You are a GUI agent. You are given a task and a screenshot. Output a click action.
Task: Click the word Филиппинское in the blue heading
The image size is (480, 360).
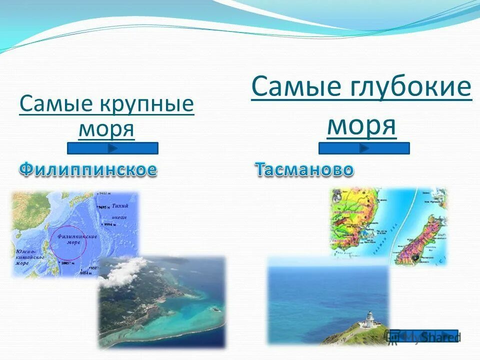tap(88, 169)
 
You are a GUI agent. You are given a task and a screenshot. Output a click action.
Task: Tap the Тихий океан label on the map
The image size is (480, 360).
tap(119, 211)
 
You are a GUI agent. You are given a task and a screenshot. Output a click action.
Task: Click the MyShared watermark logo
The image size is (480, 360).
tap(424, 336)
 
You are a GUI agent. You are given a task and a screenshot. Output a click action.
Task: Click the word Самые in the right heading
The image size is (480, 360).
tap(293, 87)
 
